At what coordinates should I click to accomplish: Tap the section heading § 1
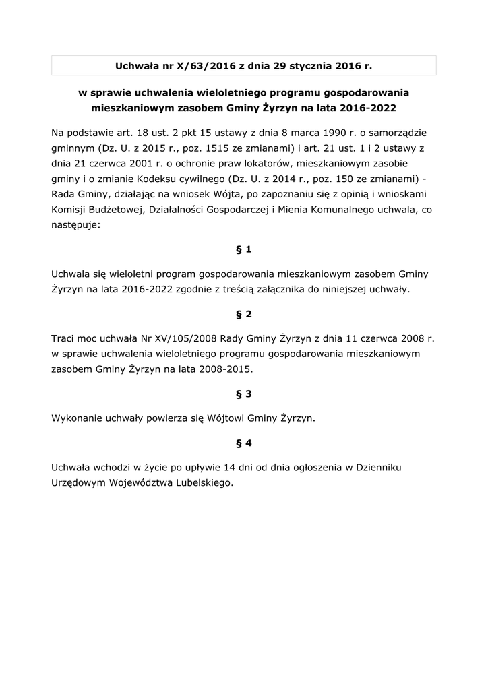pos(244,249)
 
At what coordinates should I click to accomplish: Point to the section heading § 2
pos(244,314)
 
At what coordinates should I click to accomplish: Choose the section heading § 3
pos(244,394)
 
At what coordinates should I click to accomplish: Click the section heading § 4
pos(244,443)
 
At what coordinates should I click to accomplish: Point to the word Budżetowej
pos(111,210)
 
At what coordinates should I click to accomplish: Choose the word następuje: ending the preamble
pos(75,226)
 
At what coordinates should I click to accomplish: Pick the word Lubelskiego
pos(199,482)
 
